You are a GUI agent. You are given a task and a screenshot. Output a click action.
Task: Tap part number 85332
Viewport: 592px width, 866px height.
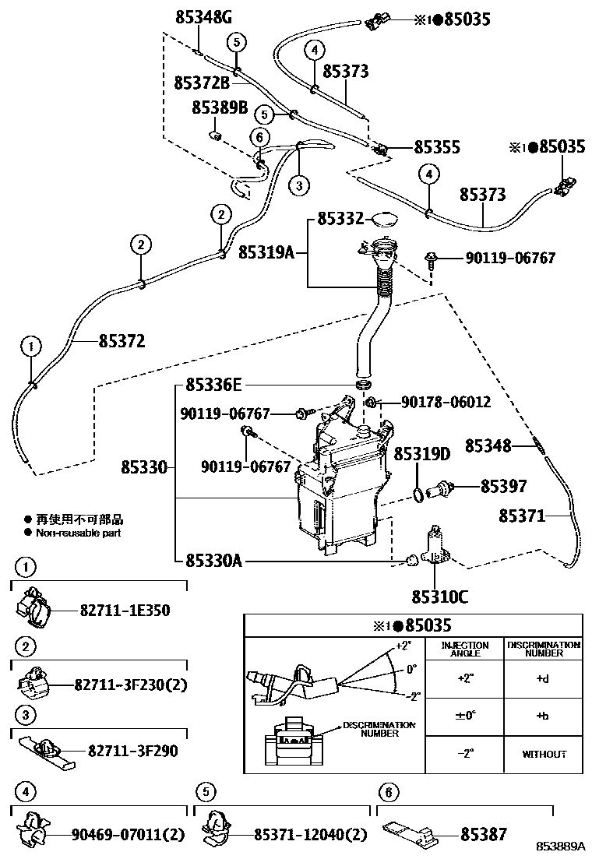[340, 220]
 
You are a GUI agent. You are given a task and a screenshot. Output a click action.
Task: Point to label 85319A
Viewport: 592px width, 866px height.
[266, 252]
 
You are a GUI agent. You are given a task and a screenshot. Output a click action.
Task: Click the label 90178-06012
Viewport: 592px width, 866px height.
[446, 402]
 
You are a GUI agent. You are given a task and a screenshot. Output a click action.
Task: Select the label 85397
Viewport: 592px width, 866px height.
[503, 487]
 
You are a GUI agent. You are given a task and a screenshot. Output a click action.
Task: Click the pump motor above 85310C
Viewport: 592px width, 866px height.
[433, 545]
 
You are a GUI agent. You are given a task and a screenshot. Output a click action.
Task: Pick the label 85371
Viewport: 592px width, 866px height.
[522, 516]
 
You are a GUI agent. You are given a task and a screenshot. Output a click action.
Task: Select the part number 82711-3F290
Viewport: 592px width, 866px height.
[132, 751]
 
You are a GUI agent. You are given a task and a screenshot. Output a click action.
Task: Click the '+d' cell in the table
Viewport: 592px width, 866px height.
[543, 678]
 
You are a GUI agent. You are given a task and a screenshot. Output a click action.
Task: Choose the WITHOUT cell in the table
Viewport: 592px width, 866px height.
[543, 754]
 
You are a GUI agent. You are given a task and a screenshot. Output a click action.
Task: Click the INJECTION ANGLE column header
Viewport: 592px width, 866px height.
[466, 649]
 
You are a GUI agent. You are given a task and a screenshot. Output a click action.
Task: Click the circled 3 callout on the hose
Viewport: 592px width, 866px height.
[298, 185]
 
